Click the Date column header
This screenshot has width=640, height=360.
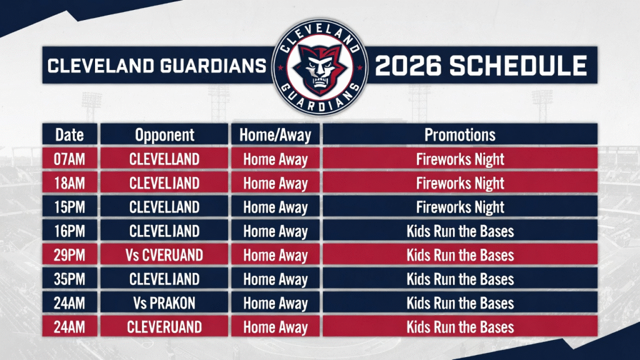click(69, 135)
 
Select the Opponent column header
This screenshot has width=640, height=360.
click(164, 135)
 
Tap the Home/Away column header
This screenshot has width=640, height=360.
click(276, 135)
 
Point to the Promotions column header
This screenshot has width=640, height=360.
click(460, 135)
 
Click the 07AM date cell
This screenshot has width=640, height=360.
click(69, 159)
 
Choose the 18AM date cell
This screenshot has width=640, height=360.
click(69, 183)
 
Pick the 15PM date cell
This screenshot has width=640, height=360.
click(69, 207)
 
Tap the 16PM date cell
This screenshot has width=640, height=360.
click(69, 231)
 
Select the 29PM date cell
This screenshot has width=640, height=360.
click(69, 256)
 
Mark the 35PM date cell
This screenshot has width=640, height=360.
click(69, 279)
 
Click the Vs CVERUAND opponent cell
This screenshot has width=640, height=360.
click(164, 256)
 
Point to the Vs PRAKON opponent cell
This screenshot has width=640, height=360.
click(164, 303)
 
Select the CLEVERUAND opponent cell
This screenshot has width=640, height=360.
click(164, 327)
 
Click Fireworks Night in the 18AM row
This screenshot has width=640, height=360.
click(460, 184)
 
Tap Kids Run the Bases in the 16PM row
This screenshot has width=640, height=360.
click(460, 231)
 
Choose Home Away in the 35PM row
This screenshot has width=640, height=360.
click(276, 280)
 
